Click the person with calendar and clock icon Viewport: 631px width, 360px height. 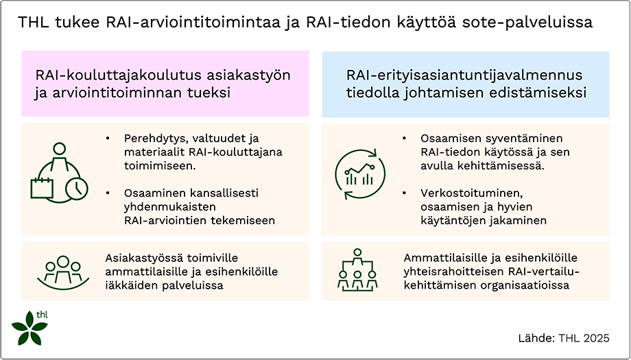point(59,171)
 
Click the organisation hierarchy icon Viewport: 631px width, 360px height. point(357,268)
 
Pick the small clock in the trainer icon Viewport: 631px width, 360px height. point(76,187)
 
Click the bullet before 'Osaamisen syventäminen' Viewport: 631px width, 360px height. point(405,137)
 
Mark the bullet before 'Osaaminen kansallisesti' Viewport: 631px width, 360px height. point(108,193)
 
